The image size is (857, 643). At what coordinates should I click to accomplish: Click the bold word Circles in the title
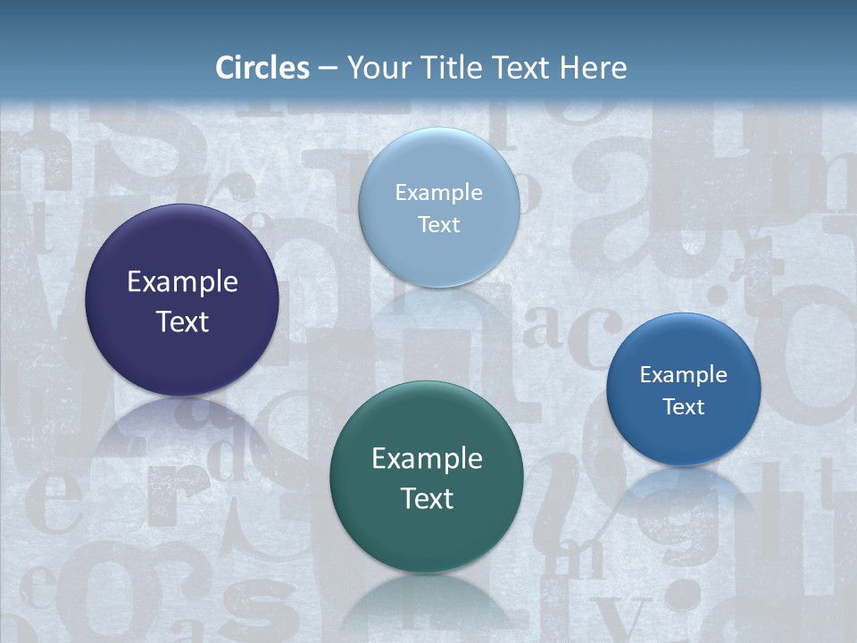262,68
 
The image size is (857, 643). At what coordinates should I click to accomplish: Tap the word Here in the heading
593,68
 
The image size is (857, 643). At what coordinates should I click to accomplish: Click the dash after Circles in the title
327,69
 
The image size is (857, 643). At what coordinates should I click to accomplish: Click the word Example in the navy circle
182,282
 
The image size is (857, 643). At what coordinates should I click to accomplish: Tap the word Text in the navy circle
182,321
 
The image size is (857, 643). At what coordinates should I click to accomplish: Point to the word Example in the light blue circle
438,193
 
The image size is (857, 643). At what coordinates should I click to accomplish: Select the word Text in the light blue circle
438,225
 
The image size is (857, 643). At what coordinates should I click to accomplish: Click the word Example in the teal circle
427,459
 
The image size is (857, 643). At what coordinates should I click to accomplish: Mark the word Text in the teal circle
427,498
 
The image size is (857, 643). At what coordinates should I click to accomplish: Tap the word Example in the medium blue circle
683,375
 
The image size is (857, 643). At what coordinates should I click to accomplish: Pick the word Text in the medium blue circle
683,407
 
